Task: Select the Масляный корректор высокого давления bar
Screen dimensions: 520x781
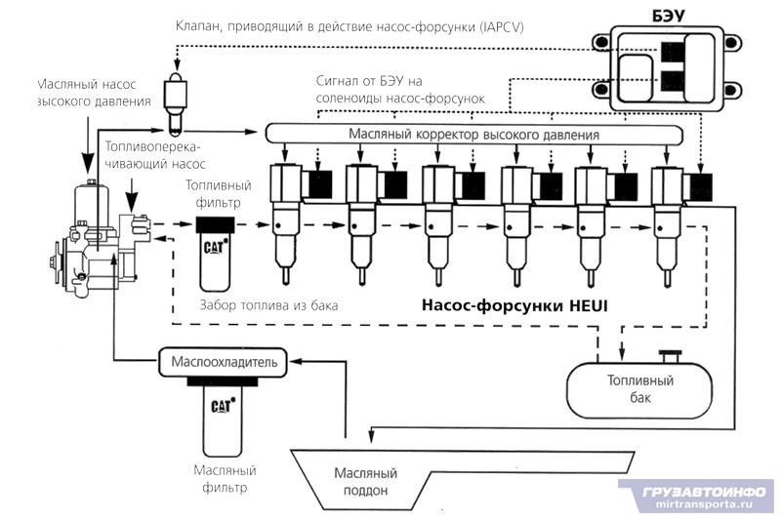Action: pyautogui.click(x=473, y=134)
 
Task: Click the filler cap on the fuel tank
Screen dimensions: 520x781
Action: pyautogui.click(x=670, y=353)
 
